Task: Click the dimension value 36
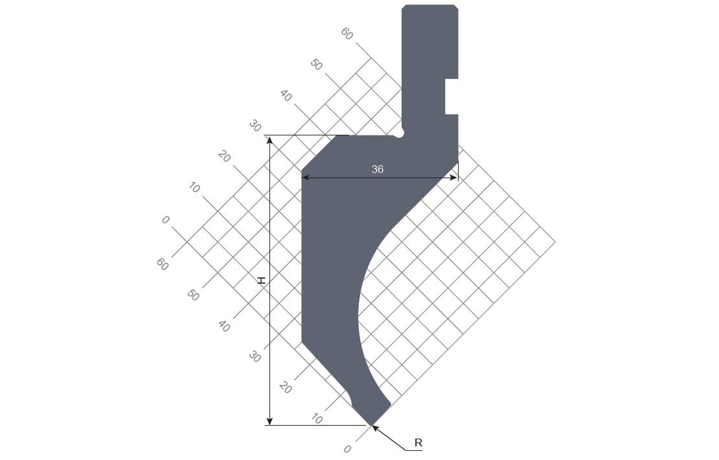click(x=378, y=169)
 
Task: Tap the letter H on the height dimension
click(x=262, y=281)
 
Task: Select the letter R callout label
click(x=418, y=443)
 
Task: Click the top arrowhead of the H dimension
click(x=269, y=139)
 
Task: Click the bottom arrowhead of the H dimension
click(x=269, y=421)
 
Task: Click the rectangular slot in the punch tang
click(x=451, y=97)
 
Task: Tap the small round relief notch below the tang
click(x=400, y=133)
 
